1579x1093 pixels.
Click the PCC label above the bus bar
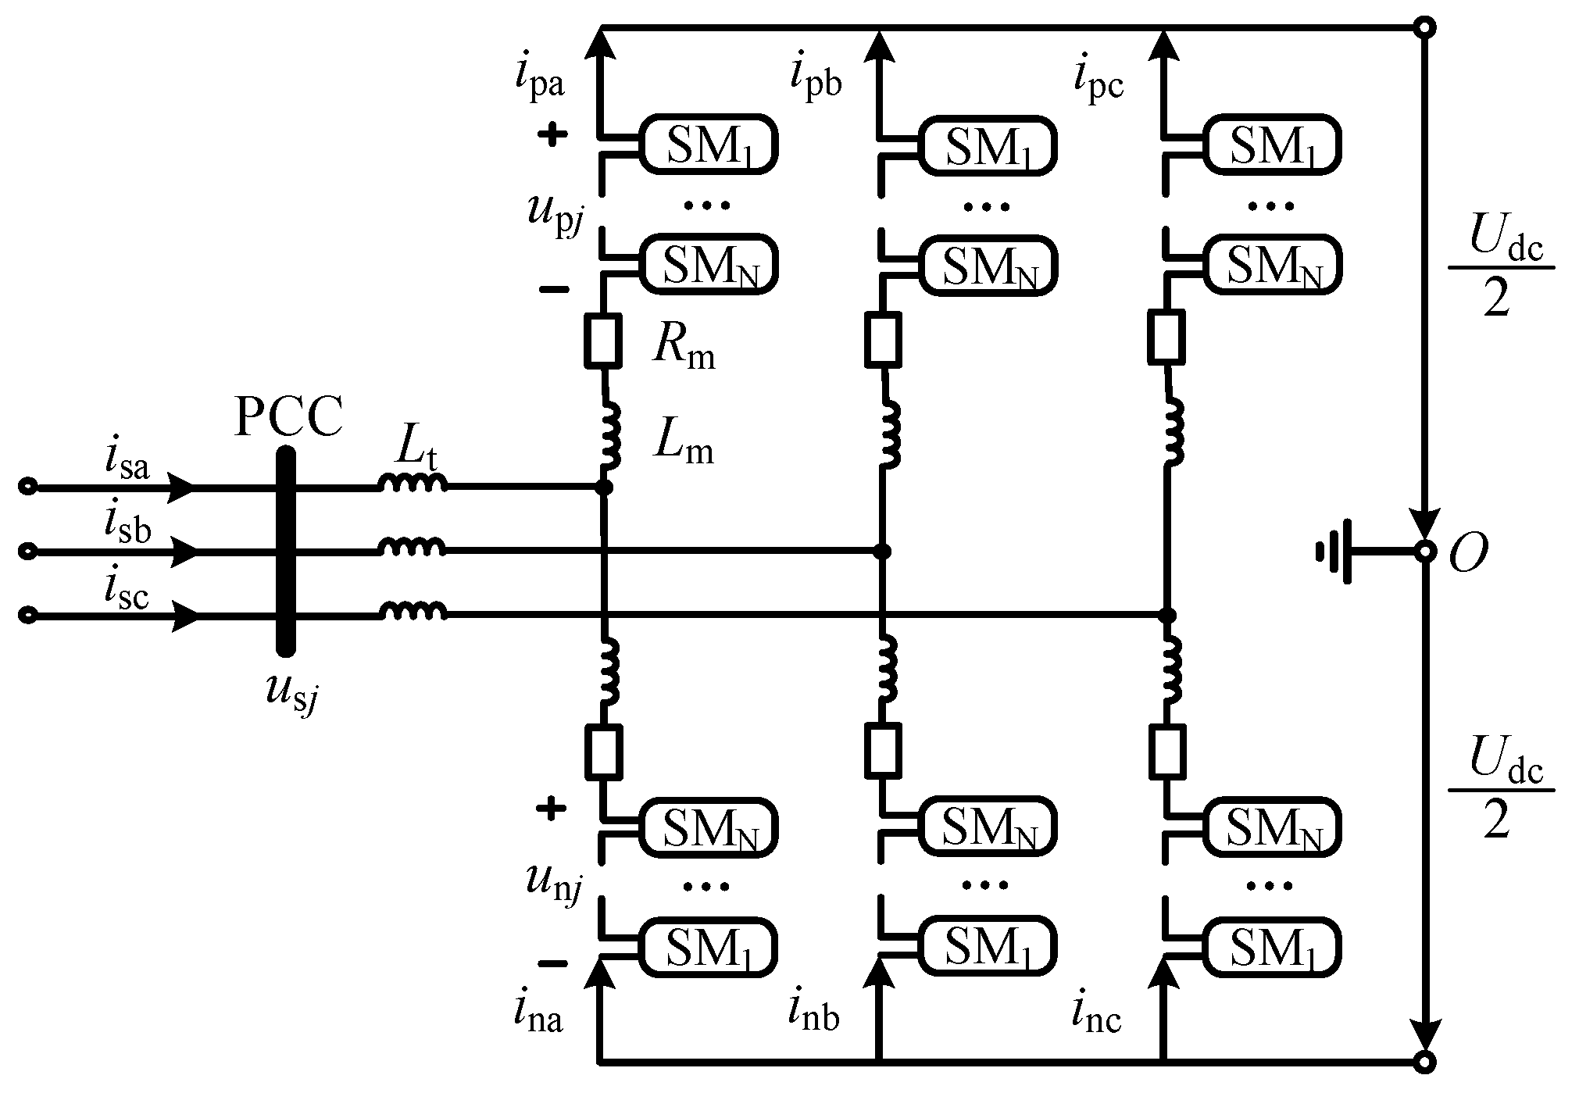288,418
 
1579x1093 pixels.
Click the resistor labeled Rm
603,341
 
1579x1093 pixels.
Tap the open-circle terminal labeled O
1425,552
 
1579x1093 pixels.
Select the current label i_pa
539,78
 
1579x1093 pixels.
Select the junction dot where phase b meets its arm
881,552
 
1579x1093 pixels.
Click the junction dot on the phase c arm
1166,616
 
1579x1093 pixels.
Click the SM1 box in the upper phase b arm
988,144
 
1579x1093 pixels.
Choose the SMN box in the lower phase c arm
1272,827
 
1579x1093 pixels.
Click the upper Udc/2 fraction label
1499,268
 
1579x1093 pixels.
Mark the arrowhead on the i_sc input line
185,616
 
